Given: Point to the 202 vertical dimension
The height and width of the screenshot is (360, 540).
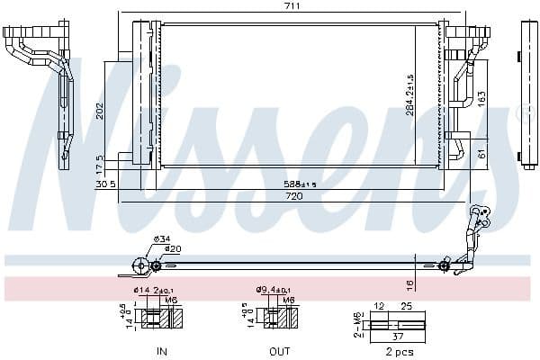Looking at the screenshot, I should pos(101,111).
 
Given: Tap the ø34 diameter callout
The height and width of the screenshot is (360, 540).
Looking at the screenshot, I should pos(162,238).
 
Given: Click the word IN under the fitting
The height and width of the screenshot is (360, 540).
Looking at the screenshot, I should pos(162,350).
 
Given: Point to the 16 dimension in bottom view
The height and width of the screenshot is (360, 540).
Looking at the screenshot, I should pos(409,283).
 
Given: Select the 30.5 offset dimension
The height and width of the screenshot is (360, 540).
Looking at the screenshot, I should pos(105,184).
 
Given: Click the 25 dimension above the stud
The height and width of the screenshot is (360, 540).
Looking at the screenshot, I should pos(406,307).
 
